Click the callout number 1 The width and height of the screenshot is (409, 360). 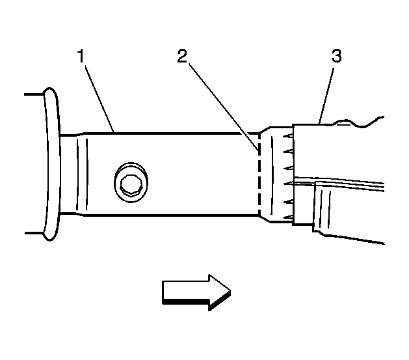pyautogui.click(x=81, y=56)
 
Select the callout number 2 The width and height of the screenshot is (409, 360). pyautogui.click(x=182, y=56)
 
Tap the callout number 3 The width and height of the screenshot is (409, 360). pyautogui.click(x=336, y=56)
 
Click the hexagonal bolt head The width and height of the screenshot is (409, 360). pyautogui.click(x=131, y=184)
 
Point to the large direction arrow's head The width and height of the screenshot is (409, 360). pyautogui.click(x=220, y=292)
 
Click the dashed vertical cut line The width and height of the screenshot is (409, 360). pyautogui.click(x=259, y=174)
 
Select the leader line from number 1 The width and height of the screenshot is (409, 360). pyautogui.click(x=99, y=99)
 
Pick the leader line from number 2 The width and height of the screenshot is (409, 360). pyautogui.click(x=224, y=107)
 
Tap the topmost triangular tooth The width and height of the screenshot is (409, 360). pyautogui.click(x=288, y=136)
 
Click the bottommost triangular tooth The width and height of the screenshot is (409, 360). pyautogui.click(x=288, y=217)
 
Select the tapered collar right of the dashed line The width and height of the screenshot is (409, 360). pyautogui.click(x=276, y=174)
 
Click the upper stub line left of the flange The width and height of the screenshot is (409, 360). pyautogui.click(x=34, y=94)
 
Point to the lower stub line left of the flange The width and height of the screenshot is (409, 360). pyautogui.click(x=34, y=233)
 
